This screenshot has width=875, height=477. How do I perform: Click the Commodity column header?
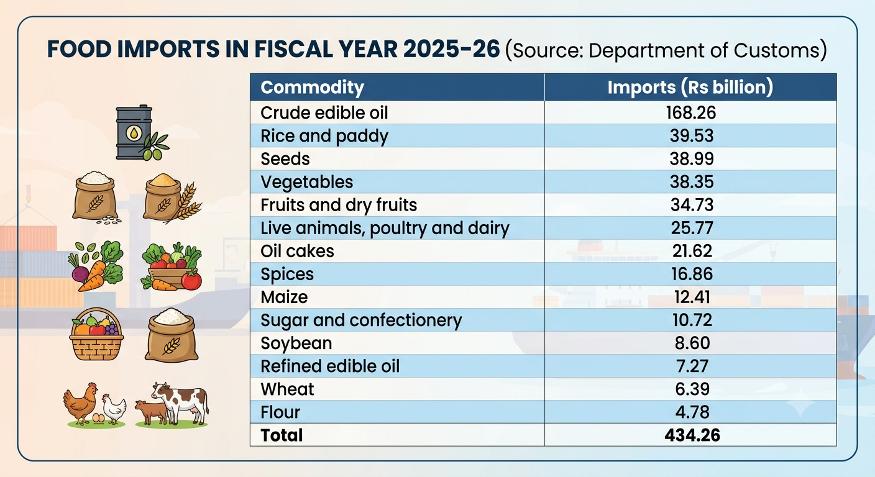click(312, 88)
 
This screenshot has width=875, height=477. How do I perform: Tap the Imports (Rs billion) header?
click(690, 88)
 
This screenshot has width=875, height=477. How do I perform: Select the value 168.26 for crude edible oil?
click(691, 113)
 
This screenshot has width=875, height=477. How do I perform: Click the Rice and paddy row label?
click(324, 136)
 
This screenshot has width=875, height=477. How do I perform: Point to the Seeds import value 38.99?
click(692, 159)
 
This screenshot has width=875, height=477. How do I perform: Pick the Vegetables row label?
click(306, 182)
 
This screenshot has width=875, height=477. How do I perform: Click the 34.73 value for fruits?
click(692, 205)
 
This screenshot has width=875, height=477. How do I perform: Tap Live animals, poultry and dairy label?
click(385, 229)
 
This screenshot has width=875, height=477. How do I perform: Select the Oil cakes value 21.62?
click(692, 251)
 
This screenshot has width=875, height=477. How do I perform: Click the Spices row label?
click(287, 275)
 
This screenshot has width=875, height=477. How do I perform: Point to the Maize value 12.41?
click(692, 297)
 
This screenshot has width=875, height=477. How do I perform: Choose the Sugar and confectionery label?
click(361, 320)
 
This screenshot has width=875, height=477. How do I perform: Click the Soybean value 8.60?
click(692, 343)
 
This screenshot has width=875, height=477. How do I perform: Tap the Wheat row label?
click(287, 389)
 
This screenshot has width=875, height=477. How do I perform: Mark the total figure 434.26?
click(692, 435)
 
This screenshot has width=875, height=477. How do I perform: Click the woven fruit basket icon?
click(96, 334)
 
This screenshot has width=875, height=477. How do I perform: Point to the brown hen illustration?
click(81, 403)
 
